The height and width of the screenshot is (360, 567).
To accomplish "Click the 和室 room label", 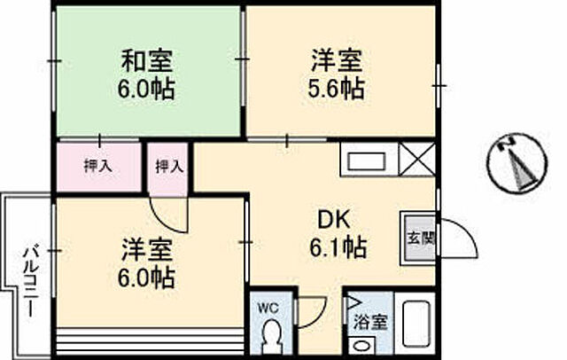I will point(148,62).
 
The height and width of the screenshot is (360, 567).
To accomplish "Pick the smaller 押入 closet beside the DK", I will point(168,165).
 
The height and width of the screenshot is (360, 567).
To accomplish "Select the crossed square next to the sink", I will point(416,160).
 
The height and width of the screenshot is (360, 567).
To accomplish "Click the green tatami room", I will point(148,73).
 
